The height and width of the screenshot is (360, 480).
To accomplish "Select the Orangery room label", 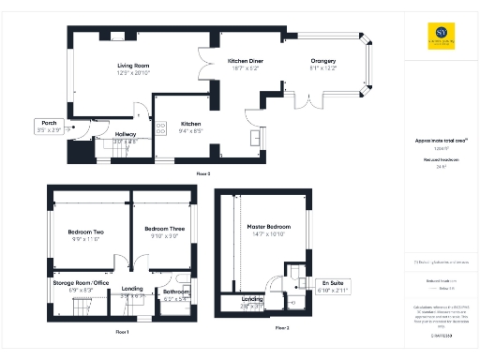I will (x=323, y=62).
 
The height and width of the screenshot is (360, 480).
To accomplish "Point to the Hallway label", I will (x=126, y=134).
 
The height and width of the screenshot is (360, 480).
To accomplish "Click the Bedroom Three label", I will (x=164, y=229).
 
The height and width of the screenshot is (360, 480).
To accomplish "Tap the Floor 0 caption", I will (x=202, y=173).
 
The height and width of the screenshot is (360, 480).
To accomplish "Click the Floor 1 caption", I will (x=122, y=331).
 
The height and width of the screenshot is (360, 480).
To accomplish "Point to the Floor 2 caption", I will (x=282, y=328).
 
